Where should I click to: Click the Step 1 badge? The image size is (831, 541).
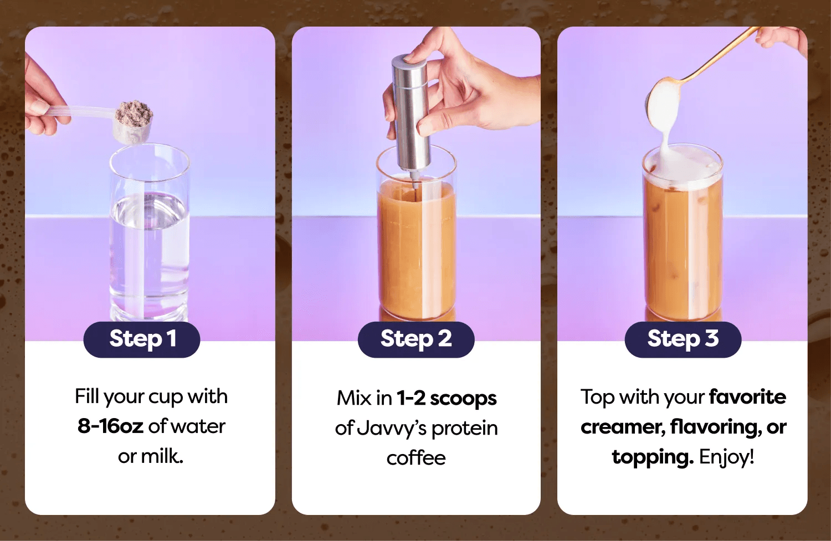point(142,339)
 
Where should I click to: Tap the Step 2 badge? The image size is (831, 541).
point(416,339)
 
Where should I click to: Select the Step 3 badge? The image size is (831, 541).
point(683,339)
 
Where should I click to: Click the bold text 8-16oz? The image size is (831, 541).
point(110,426)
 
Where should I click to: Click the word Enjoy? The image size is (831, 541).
point(726,456)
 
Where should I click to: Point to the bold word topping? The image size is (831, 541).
point(653,457)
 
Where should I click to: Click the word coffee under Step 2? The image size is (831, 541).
point(416,458)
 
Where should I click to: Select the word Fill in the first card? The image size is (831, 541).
point(87,396)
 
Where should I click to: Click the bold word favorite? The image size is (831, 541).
point(747,396)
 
